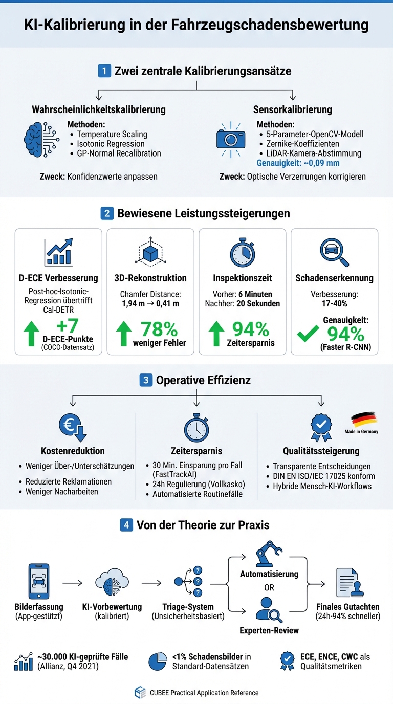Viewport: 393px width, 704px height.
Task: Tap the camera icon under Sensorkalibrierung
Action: (x=231, y=139)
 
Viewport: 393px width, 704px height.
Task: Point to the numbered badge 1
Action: (x=104, y=71)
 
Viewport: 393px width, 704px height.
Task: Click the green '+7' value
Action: (x=69, y=326)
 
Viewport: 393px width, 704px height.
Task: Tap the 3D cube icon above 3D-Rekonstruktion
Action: (x=150, y=252)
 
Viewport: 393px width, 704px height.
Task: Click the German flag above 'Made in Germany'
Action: (x=364, y=419)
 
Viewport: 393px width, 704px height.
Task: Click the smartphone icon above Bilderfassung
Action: (x=39, y=582)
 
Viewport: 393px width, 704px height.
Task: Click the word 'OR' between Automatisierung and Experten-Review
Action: (x=269, y=587)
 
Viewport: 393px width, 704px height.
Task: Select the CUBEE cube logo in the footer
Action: (x=140, y=693)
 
